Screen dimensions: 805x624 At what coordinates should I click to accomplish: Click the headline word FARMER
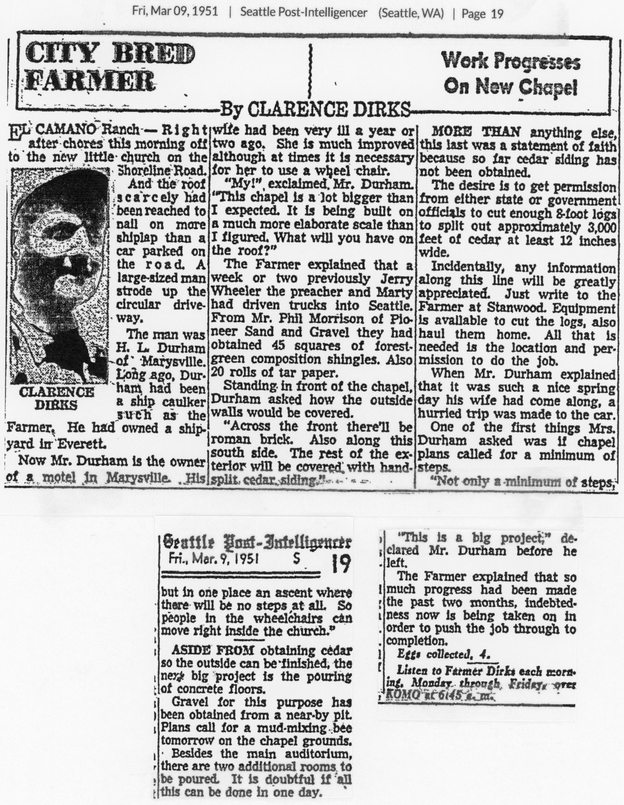92,82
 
